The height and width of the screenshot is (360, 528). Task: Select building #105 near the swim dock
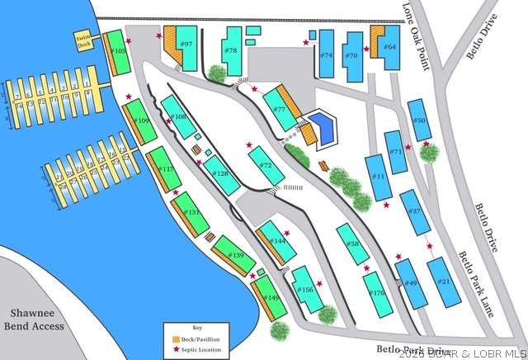(x=118, y=52)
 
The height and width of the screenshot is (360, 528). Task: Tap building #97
(x=186, y=46)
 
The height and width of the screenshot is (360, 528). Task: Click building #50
(x=421, y=121)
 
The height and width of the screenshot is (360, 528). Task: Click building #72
(x=266, y=165)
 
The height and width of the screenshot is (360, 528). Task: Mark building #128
(x=220, y=173)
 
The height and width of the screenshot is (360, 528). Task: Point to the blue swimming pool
(x=323, y=127)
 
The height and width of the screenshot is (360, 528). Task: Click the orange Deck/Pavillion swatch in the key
(x=177, y=339)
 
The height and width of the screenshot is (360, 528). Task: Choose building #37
(x=415, y=212)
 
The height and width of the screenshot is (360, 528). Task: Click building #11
(x=379, y=177)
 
